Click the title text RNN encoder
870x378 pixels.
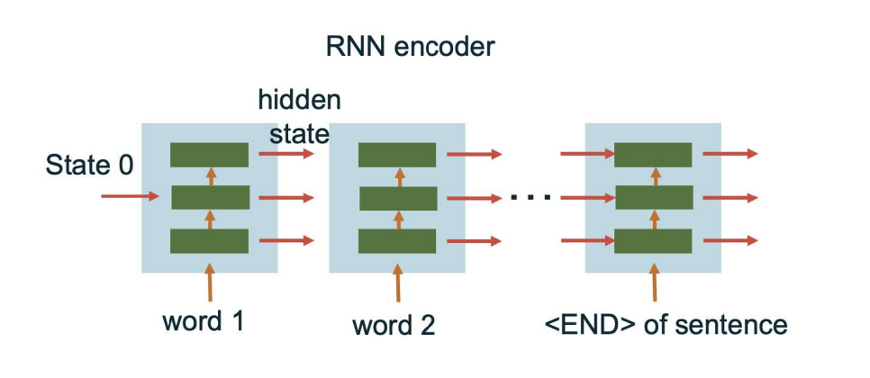coord(410,47)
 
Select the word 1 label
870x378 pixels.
coord(203,321)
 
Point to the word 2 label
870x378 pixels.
coord(394,324)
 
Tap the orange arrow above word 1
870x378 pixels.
coord(210,282)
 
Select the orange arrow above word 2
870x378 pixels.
coord(397,283)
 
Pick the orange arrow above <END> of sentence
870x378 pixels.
coord(654,282)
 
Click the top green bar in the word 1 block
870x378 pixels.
coord(209,155)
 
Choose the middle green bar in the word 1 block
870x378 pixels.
coord(209,197)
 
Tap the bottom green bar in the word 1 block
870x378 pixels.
coord(209,241)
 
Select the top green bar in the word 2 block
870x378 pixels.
coord(397,155)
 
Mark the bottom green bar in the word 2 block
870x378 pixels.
coord(397,241)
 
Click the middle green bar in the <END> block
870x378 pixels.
coord(654,197)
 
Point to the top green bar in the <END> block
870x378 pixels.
coord(654,155)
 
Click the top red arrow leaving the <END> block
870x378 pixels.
coord(730,154)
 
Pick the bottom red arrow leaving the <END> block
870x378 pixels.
coord(730,240)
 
